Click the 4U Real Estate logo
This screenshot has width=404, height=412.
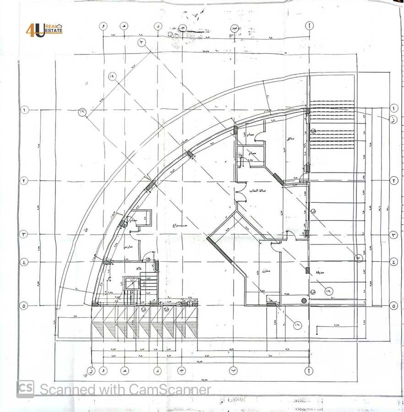(x=44, y=30)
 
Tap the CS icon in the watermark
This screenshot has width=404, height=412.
(x=25, y=389)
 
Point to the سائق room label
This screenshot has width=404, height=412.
(x=290, y=138)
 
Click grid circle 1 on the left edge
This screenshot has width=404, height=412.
(x=24, y=110)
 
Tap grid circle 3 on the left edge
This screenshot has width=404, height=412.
(x=24, y=234)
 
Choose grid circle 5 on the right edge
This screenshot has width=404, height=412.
(x=393, y=305)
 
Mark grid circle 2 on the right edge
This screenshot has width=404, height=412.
(x=393, y=180)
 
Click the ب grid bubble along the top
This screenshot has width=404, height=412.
(x=235, y=27)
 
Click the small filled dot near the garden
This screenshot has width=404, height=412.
(x=303, y=300)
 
